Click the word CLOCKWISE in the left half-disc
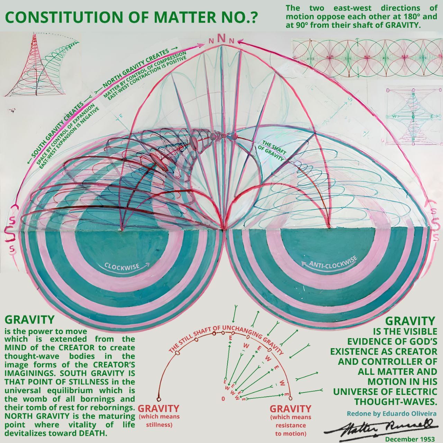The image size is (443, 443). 122,266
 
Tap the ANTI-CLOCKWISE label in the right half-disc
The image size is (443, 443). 332,262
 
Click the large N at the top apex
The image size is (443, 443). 222,38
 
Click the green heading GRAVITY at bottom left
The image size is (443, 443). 29,320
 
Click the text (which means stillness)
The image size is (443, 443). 159,421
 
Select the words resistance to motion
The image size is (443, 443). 290,429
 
